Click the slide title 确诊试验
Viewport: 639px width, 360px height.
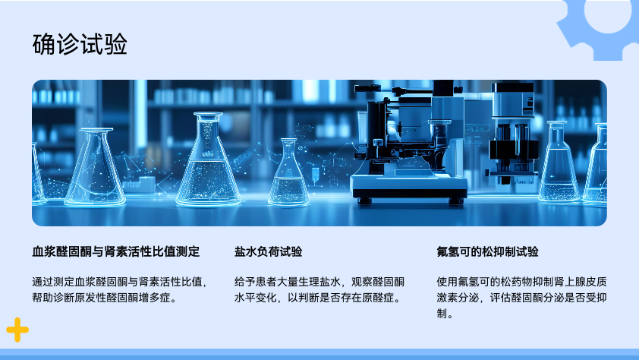80,44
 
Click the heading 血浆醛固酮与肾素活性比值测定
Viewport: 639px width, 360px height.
116,251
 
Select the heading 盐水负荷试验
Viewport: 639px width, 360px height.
268,251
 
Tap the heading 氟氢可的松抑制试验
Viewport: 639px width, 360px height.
487,251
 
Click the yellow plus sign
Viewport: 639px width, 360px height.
17,330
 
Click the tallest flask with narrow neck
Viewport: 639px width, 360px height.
208,159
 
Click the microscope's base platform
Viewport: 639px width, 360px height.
409,187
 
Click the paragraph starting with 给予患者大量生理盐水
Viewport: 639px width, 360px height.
319,289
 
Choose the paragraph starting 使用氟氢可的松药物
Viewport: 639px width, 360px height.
521,298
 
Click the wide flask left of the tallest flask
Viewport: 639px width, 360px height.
96,166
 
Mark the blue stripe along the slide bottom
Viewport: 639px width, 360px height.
319,354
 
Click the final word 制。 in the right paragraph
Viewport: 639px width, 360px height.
445,314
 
